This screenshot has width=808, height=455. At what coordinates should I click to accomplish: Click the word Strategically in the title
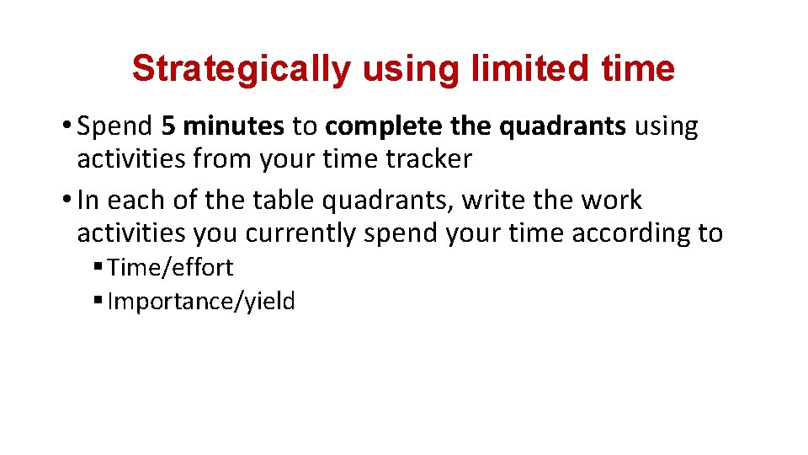pyautogui.click(x=241, y=69)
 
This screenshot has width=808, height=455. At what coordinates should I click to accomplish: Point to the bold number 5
pyautogui.click(x=168, y=126)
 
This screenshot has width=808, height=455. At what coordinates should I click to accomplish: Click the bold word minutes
pyautogui.click(x=233, y=126)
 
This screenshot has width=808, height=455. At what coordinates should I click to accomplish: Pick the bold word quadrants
pyautogui.click(x=563, y=126)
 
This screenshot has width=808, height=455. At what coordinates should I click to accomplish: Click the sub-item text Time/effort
pyautogui.click(x=170, y=268)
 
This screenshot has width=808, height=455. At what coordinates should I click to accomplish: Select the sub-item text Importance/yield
pyautogui.click(x=201, y=302)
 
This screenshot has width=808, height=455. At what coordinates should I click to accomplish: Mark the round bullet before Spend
pyautogui.click(x=66, y=127)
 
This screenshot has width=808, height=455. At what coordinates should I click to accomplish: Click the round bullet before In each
pyautogui.click(x=66, y=201)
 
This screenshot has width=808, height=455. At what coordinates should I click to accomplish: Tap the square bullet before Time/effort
pyautogui.click(x=98, y=268)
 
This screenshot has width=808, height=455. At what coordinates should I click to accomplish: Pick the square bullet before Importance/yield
pyautogui.click(x=98, y=302)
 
